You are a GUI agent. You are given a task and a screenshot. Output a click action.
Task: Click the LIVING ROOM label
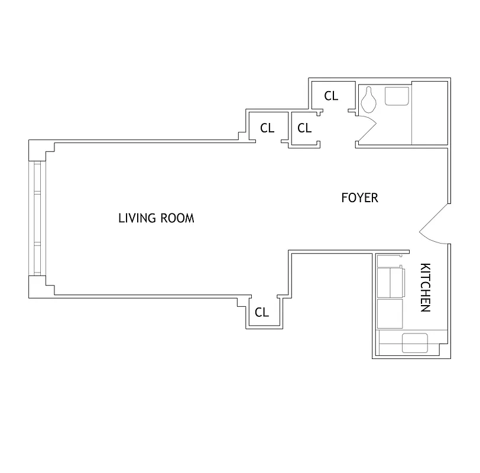click(156, 218)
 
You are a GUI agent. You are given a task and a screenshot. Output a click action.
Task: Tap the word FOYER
click(359, 198)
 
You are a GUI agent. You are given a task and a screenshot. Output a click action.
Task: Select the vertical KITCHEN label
click(425, 288)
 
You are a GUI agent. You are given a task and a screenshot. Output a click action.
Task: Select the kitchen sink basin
click(415, 342)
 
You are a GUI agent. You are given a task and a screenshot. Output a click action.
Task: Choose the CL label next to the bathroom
click(332, 96)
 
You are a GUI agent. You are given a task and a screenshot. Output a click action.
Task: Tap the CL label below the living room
click(261, 313)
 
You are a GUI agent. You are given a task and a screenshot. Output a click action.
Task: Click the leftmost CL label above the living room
click(267, 128)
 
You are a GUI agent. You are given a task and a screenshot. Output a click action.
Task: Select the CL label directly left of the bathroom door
click(304, 128)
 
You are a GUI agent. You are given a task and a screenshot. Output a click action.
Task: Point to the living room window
click(37, 218)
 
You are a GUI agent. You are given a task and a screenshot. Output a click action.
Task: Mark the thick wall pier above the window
click(40, 148)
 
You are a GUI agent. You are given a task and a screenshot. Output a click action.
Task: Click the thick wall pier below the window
click(40, 288)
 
